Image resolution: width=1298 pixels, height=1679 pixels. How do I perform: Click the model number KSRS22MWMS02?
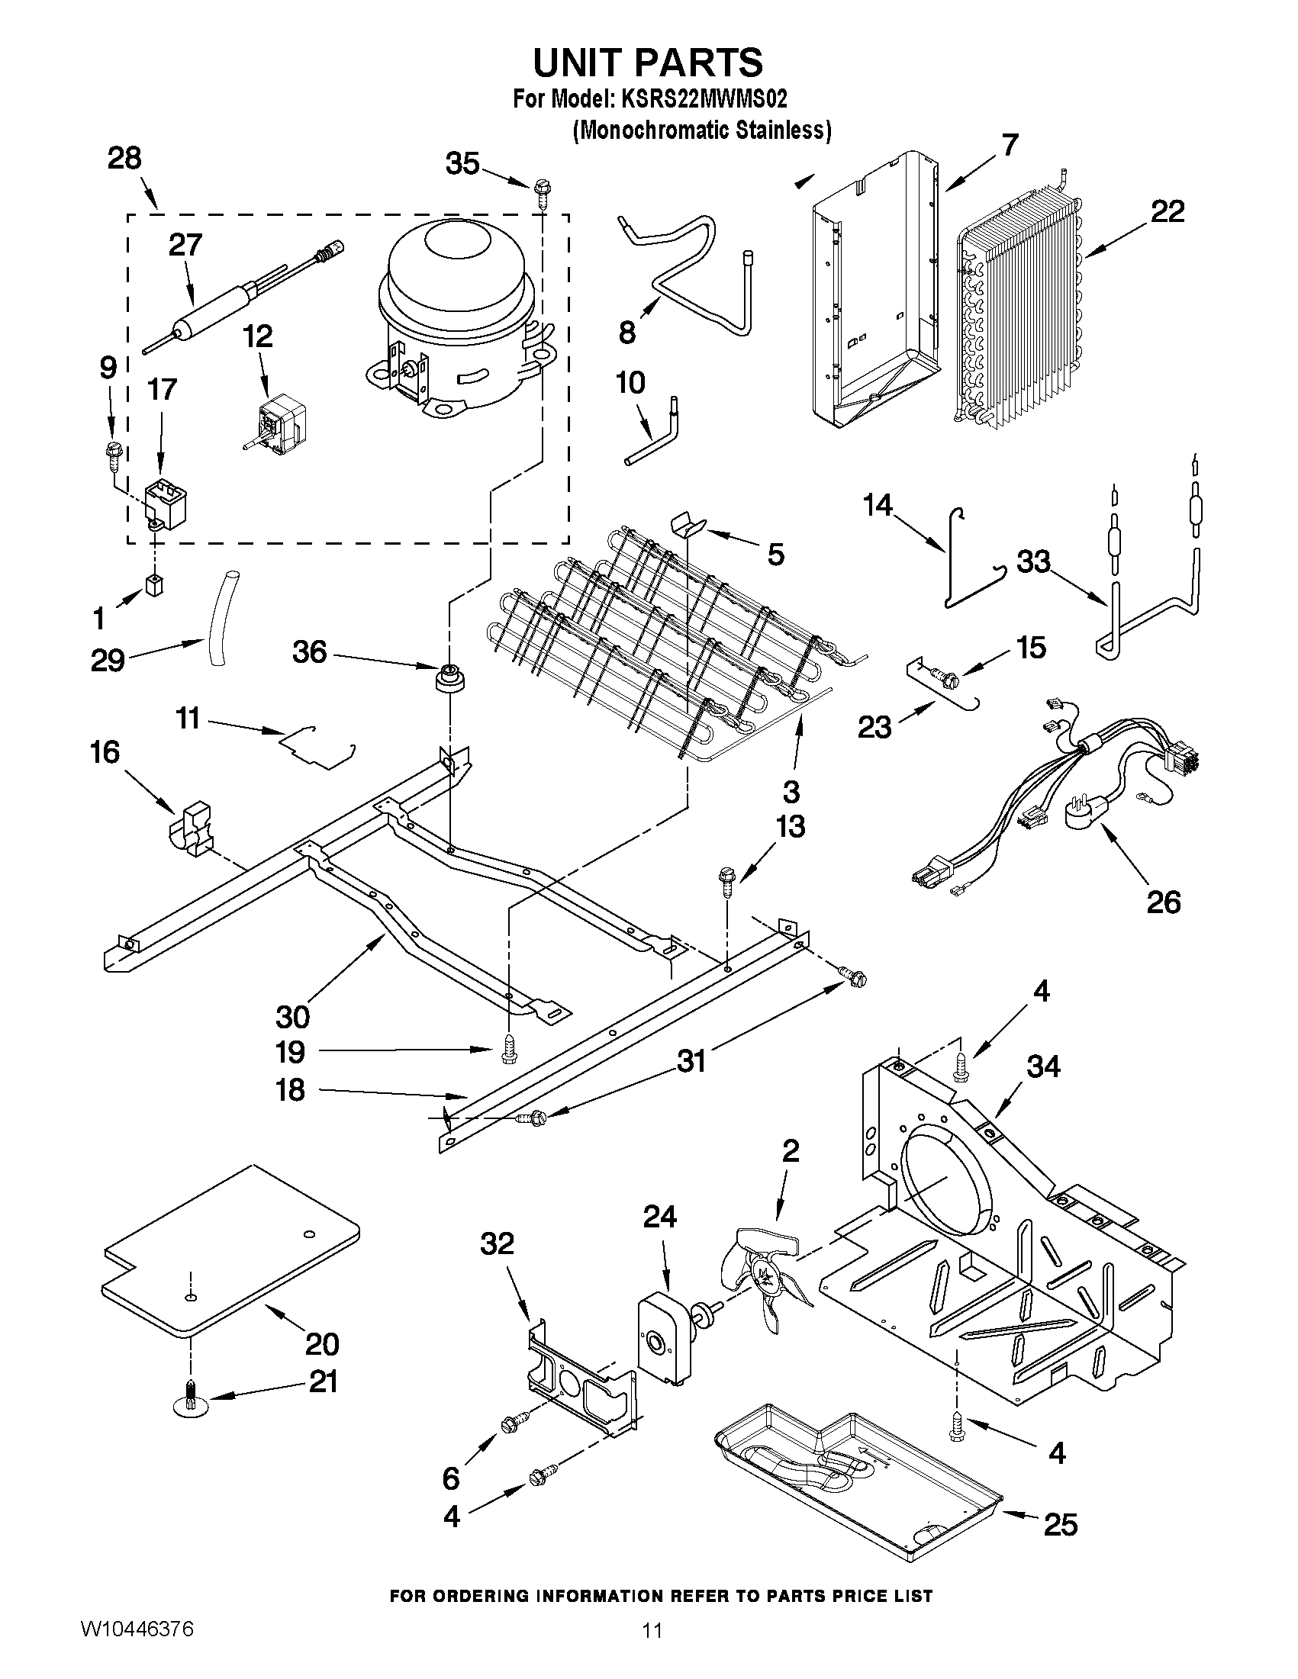[703, 100]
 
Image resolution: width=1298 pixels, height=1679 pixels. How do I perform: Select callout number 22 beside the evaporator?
[1168, 211]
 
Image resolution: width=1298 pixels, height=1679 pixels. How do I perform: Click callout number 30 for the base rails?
[292, 1017]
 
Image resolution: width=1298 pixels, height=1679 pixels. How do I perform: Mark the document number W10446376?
[137, 1628]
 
